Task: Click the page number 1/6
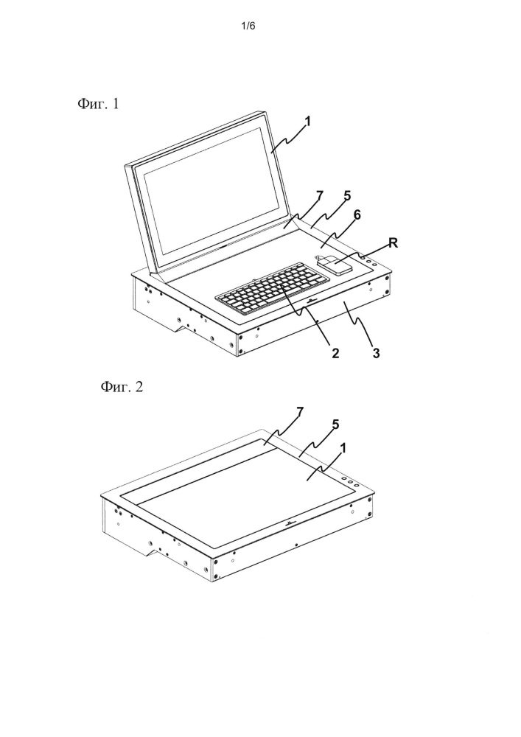[248, 26]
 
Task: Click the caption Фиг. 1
[98, 103]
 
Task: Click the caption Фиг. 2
[121, 387]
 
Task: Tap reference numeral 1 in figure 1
[308, 122]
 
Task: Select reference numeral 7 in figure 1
[320, 196]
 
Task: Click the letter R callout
[393, 242]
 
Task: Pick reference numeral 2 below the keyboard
[335, 354]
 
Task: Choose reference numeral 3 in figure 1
[376, 354]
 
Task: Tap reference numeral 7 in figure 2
[300, 412]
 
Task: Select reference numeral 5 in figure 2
[335, 425]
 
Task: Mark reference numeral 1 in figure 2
[343, 448]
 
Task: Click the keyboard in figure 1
[266, 288]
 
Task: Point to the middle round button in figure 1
[368, 262]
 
